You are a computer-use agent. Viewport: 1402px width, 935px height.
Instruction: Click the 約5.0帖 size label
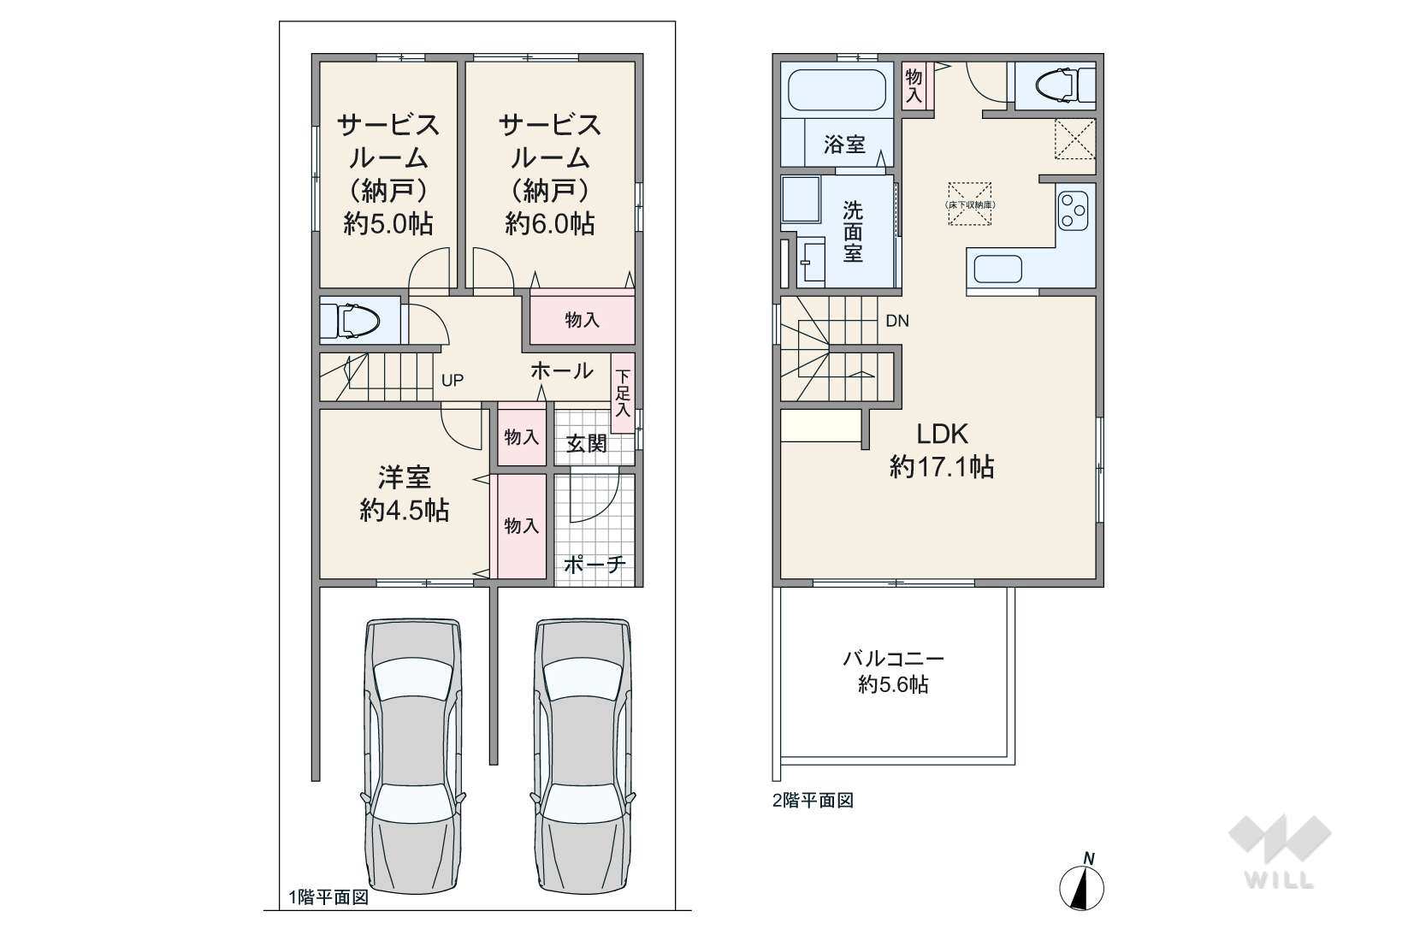pyautogui.click(x=388, y=223)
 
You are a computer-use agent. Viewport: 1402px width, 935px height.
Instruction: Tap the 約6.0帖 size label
pyautogui.click(x=549, y=223)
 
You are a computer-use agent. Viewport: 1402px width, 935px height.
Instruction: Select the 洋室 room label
pyautogui.click(x=405, y=477)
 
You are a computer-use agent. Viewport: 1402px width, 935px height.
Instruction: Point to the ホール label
pyautogui.click(x=561, y=370)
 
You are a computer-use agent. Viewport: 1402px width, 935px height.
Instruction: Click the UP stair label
pyautogui.click(x=453, y=380)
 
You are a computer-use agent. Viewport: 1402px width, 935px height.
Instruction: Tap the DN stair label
pyautogui.click(x=897, y=321)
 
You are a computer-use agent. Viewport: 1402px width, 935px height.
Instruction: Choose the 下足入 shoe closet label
pyautogui.click(x=622, y=393)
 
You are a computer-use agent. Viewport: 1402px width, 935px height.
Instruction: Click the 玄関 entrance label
pyautogui.click(x=587, y=444)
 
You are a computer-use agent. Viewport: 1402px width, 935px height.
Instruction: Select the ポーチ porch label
pyautogui.click(x=594, y=565)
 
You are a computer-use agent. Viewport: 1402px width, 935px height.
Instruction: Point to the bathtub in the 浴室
pyautogui.click(x=837, y=90)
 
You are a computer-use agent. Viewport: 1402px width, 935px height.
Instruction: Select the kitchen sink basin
pyautogui.click(x=997, y=269)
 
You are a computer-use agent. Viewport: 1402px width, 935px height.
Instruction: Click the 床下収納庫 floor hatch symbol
pyautogui.click(x=969, y=204)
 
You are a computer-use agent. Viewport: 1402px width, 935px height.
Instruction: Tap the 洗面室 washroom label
pyautogui.click(x=853, y=232)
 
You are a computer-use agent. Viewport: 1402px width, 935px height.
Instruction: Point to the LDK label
pyautogui.click(x=942, y=434)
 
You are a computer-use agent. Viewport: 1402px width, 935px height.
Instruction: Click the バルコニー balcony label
pyautogui.click(x=893, y=659)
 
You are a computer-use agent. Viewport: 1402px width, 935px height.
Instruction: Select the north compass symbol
pyautogui.click(x=1081, y=883)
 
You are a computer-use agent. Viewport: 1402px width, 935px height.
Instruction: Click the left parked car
pyautogui.click(x=413, y=756)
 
